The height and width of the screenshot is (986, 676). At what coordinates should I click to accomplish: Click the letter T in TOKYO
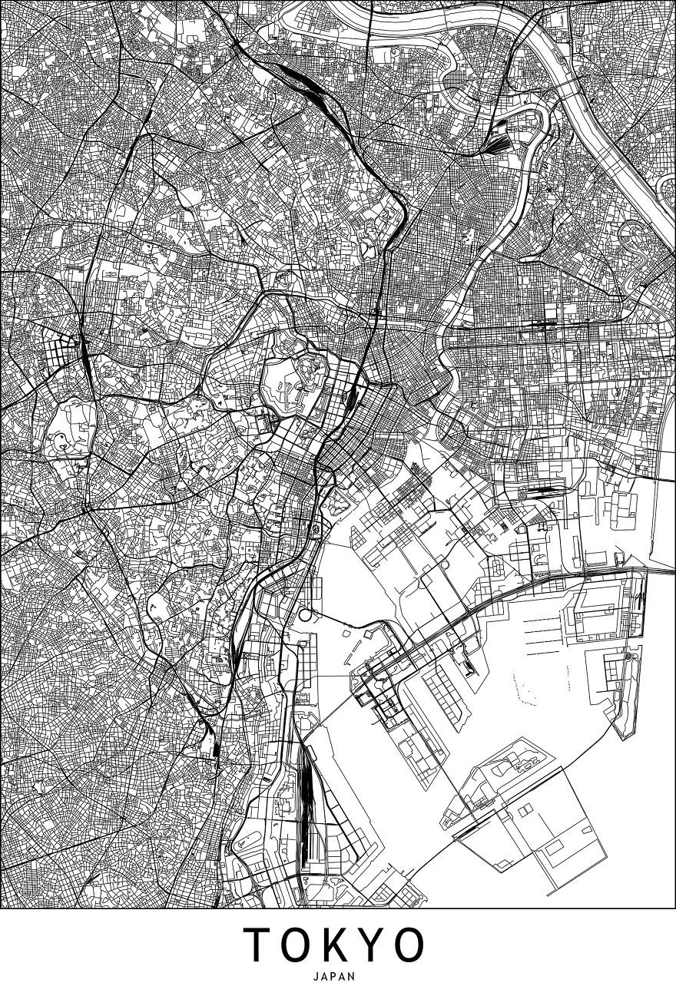coord(258,945)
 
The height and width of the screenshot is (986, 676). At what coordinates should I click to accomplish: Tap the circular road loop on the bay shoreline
coord(307,615)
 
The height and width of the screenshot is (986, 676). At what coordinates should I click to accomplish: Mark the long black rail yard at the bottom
coord(306,799)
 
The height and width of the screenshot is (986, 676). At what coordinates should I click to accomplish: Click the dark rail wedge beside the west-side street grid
coord(83,353)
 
